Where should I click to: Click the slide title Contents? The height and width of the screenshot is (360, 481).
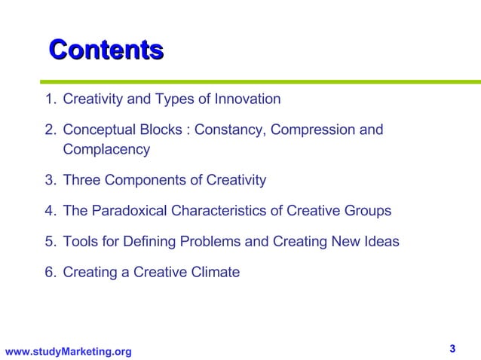(x=106, y=50)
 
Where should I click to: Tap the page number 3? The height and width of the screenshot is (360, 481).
(x=452, y=348)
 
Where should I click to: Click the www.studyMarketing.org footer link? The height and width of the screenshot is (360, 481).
(x=68, y=352)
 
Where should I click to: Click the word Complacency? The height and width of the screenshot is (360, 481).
(x=106, y=149)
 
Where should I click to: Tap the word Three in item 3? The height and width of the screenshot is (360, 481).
(x=81, y=180)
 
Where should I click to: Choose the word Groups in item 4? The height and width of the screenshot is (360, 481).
(x=368, y=211)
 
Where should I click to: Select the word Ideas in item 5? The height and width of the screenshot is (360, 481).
(x=381, y=242)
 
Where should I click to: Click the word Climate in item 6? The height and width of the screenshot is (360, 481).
(x=214, y=273)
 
